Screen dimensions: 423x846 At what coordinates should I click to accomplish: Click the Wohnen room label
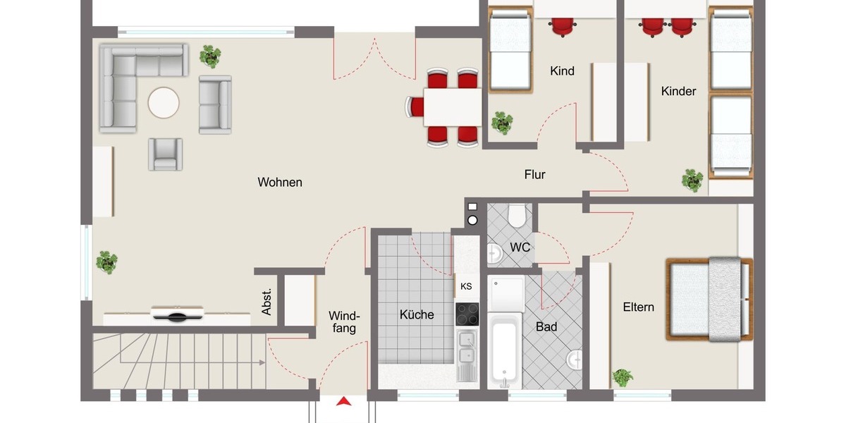(x=280, y=183)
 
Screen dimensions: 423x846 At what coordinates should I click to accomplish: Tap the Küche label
(x=417, y=314)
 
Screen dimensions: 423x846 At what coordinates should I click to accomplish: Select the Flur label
(x=534, y=175)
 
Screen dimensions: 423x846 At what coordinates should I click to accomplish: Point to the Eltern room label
(x=638, y=307)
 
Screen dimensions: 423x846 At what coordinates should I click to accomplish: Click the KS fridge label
(x=466, y=286)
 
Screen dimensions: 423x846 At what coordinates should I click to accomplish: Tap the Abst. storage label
(x=267, y=302)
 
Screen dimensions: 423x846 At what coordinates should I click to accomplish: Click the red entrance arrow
(x=344, y=402)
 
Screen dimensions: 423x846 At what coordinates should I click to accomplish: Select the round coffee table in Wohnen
(x=164, y=103)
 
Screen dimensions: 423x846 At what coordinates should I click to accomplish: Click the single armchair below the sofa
(x=166, y=154)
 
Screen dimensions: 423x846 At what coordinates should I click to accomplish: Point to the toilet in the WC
(x=518, y=214)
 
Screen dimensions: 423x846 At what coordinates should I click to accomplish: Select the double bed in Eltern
(x=709, y=299)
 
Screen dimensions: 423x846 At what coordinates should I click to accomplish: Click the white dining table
(x=452, y=106)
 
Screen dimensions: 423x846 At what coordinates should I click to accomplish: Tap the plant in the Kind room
(x=502, y=123)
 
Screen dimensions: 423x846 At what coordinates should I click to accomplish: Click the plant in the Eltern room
(x=623, y=377)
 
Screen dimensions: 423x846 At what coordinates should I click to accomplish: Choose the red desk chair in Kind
(x=563, y=26)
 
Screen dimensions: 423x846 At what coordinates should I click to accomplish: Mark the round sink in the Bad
(x=575, y=360)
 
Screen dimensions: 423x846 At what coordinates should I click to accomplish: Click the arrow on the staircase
(x=261, y=362)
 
